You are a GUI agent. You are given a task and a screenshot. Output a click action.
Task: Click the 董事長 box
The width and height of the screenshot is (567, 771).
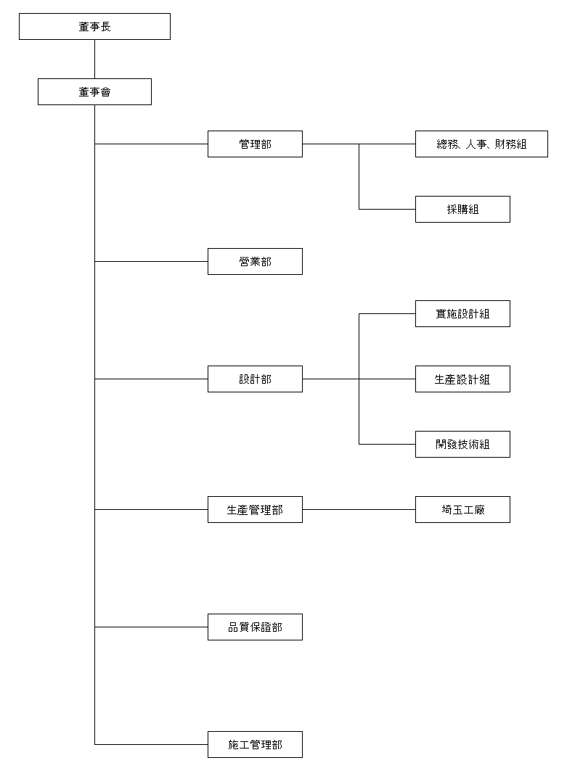click(x=94, y=26)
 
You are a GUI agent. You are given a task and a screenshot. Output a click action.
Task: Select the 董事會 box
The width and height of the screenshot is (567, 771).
click(x=94, y=91)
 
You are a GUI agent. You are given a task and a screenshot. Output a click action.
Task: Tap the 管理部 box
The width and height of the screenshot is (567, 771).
click(x=255, y=144)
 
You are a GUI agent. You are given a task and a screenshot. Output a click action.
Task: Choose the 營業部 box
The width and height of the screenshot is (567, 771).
click(x=255, y=261)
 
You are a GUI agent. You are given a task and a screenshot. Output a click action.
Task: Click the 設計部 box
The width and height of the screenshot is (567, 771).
click(x=255, y=379)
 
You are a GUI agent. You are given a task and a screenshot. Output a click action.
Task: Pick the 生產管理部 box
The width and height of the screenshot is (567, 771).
click(x=255, y=509)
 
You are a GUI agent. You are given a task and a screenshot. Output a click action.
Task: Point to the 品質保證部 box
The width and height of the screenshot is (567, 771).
click(x=255, y=627)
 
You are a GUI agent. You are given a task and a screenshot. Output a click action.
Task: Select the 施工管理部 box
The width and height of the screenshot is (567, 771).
click(x=255, y=744)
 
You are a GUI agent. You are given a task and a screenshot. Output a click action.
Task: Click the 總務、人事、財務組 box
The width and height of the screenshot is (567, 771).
click(x=481, y=144)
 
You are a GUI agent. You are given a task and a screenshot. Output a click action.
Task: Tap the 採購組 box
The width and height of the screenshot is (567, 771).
click(x=462, y=209)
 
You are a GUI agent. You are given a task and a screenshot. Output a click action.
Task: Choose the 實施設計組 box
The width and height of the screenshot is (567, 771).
click(x=462, y=313)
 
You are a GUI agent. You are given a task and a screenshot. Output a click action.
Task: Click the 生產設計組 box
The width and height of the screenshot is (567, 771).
click(x=462, y=379)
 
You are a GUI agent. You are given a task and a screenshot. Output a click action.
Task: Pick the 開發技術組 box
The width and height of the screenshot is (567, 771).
click(x=462, y=444)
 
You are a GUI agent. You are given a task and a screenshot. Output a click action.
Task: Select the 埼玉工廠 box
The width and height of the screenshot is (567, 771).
click(x=462, y=509)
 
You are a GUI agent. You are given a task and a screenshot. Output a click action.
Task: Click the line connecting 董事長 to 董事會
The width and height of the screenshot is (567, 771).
click(x=94, y=59)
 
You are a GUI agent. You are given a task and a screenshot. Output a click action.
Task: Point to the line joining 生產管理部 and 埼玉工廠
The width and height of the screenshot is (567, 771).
click(x=359, y=509)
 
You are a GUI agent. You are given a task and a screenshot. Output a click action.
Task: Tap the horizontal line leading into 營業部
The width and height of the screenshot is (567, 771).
click(x=151, y=261)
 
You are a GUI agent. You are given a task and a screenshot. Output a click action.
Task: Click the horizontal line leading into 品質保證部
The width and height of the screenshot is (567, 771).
click(x=151, y=627)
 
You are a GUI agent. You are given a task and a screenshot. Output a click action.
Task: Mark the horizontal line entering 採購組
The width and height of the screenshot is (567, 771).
click(x=387, y=209)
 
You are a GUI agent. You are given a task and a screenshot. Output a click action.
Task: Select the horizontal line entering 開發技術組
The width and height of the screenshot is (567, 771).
click(x=387, y=444)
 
